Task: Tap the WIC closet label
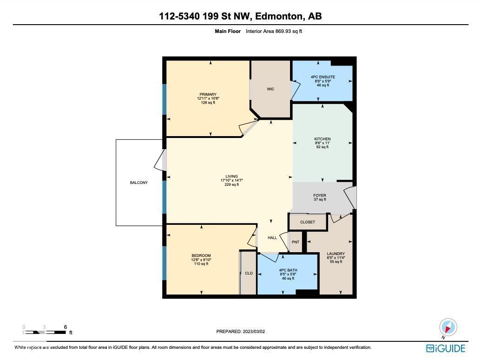pos(270,89)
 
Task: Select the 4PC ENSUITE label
pos(323,77)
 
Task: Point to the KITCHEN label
pos(322,139)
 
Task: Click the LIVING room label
pos(231,177)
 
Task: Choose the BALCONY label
pos(138,183)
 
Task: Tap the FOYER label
pos(320,196)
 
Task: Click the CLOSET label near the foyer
pos(307,222)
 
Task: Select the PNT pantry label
pos(296,242)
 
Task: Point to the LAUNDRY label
pos(336,254)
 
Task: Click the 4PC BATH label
pos(288,270)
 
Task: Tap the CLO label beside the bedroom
pos(249,273)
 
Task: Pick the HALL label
pos(272,237)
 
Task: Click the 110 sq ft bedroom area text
pos(201,264)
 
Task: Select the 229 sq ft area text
pos(231,184)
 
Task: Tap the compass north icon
pos(448,327)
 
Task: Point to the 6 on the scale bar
pos(65,327)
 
